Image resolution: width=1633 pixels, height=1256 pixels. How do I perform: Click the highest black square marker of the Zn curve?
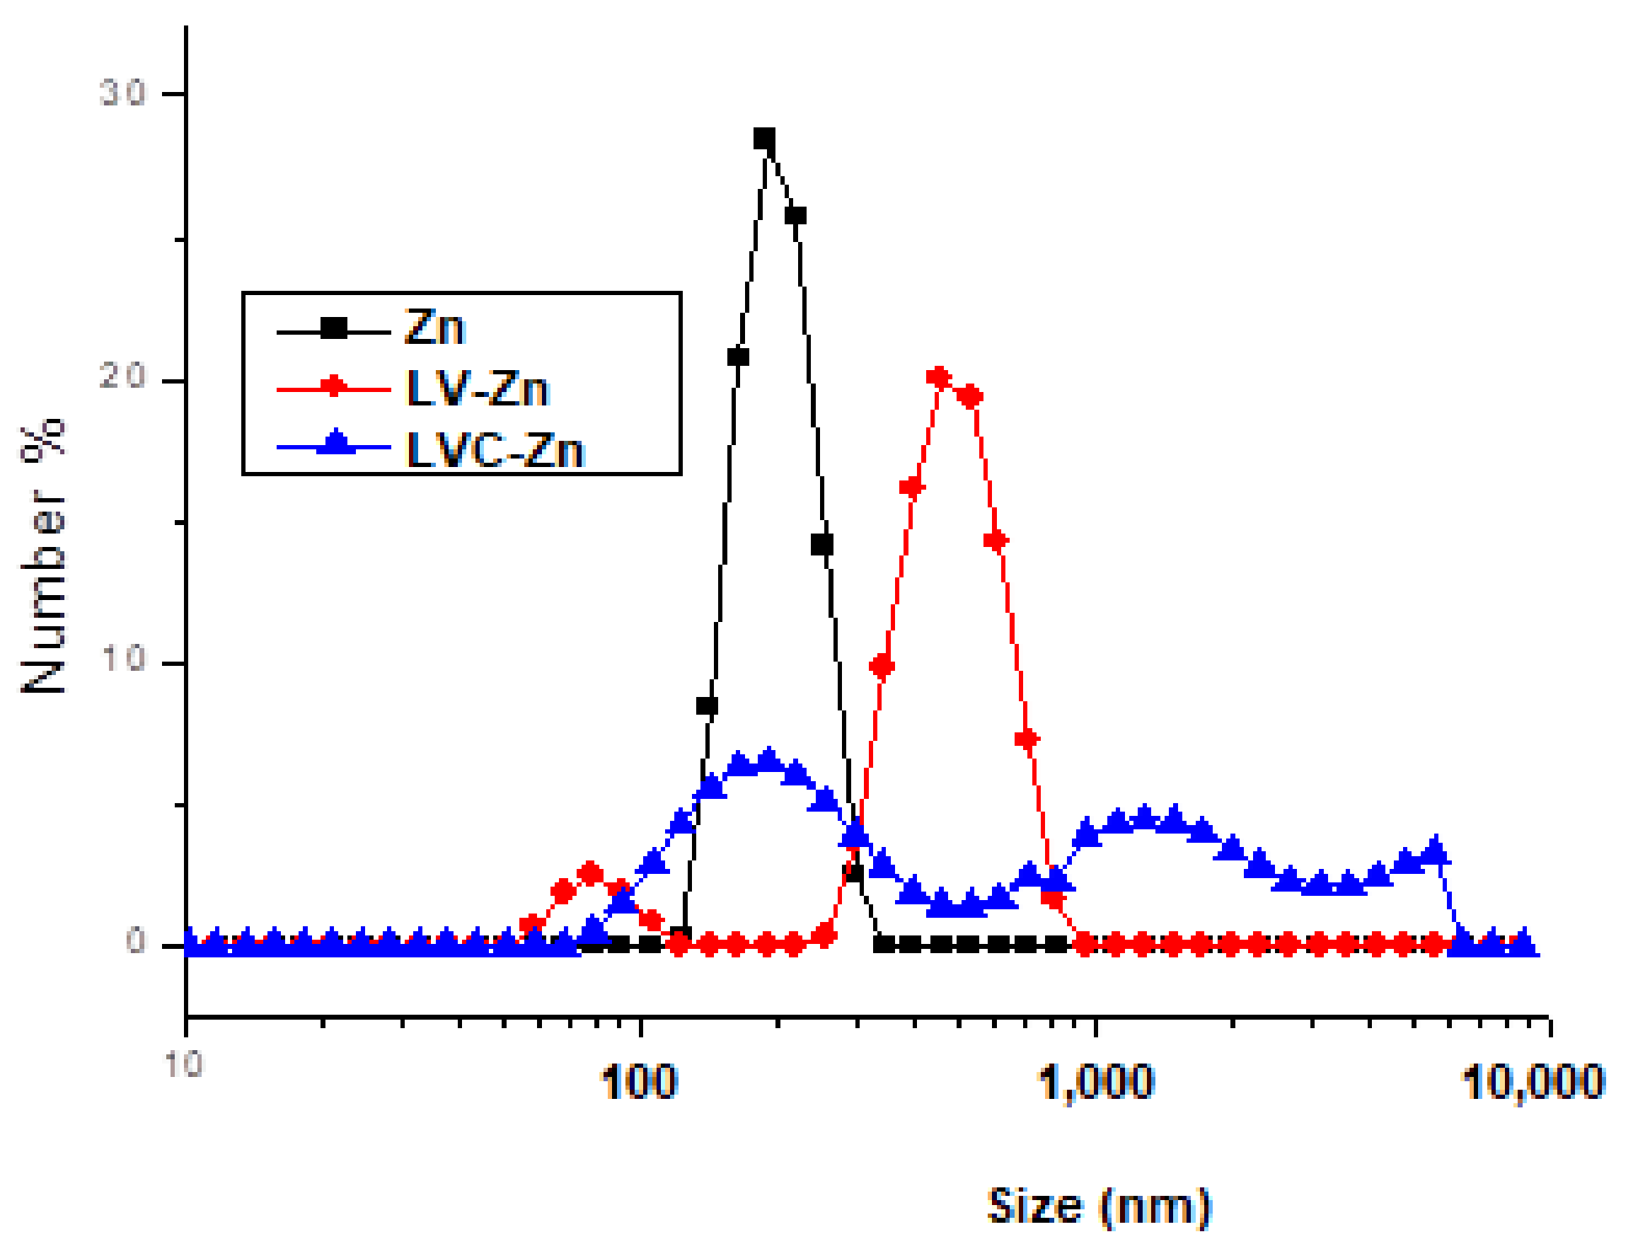tap(763, 139)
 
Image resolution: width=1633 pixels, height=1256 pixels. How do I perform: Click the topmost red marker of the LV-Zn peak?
tap(939, 379)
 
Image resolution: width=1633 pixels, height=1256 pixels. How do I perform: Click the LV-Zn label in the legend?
tap(477, 388)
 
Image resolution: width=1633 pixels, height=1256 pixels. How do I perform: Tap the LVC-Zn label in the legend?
tap(494, 450)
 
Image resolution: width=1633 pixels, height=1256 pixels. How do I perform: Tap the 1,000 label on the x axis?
tap(1096, 1082)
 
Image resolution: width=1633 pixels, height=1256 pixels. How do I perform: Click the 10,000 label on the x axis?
tap(1533, 1082)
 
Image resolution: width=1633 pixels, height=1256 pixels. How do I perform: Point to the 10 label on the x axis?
tap(184, 1064)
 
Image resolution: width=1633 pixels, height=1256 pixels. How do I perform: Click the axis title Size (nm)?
tap(1098, 1206)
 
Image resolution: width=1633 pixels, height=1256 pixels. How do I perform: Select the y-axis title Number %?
tap(43, 557)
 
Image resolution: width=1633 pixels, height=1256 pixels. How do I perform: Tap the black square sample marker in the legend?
tap(334, 328)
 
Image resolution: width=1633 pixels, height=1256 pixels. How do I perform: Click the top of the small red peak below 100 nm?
tap(590, 873)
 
